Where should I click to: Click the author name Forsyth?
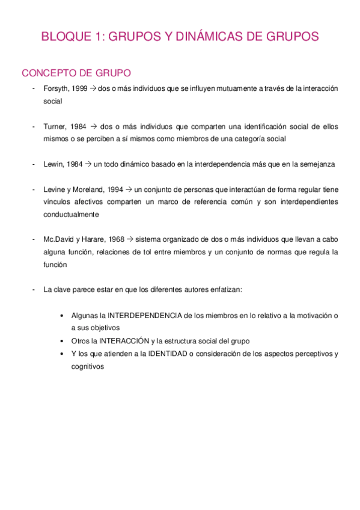tap(56, 89)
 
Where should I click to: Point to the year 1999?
tap(82, 89)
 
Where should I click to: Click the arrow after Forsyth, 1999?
tap(94, 89)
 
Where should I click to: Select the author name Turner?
tap(55, 127)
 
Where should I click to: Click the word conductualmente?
tap(71, 214)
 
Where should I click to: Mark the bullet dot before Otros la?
tap(63, 341)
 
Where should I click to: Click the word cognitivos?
tap(88, 366)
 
